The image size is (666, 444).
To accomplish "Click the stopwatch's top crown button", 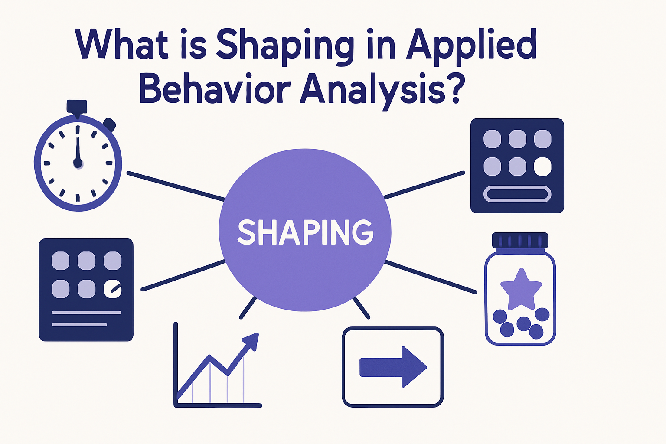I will pos(77,108).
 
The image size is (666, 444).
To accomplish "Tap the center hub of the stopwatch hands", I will pos(78,163).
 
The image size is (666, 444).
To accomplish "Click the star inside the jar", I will pos(520,288).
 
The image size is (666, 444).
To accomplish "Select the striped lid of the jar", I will pos(520,241).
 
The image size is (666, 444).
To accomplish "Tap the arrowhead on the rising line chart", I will pos(252,340).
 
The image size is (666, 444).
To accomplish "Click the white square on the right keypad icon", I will pos(542,166).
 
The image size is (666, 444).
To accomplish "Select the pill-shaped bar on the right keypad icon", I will pos(517,194).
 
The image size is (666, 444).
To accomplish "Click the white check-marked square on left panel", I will pos(113,289).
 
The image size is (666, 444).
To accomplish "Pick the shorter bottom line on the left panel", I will pos(79,324).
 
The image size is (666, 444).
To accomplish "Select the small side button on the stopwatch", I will pos(110,125).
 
